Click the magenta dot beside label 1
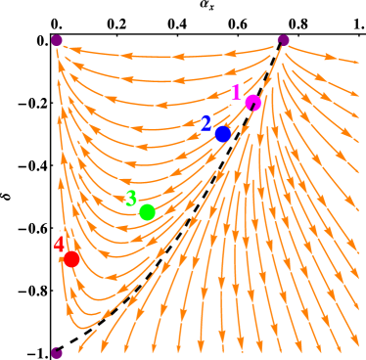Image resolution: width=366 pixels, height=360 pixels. pyautogui.click(x=253, y=103)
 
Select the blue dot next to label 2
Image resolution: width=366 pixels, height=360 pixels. pyautogui.click(x=222, y=134)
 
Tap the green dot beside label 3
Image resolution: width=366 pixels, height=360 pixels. pyautogui.click(x=147, y=212)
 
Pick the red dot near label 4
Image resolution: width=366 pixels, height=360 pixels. pyautogui.click(x=71, y=259)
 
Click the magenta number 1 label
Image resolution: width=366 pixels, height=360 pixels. pyautogui.click(x=236, y=92)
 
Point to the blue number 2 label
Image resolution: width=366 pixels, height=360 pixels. pyautogui.click(x=206, y=123)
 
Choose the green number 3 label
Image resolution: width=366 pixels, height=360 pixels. pyautogui.click(x=131, y=199)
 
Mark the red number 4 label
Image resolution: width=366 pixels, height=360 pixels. pyautogui.click(x=60, y=244)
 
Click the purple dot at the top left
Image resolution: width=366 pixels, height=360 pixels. pyautogui.click(x=57, y=40)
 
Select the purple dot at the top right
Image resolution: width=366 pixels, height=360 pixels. pyautogui.click(x=283, y=40)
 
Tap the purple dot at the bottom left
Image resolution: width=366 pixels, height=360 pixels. pyautogui.click(x=57, y=352)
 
